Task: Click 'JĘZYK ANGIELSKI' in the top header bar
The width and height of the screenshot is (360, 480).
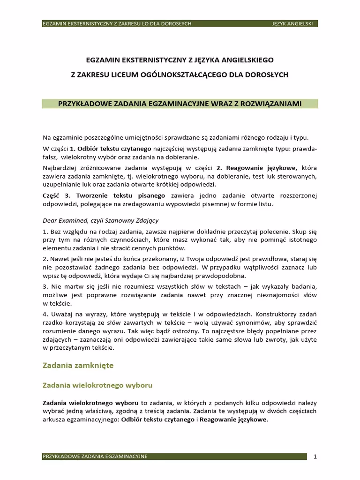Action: pos(294,23)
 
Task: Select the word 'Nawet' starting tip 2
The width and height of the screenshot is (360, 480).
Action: pos(59,258)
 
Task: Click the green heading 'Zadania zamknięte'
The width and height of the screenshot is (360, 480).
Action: pos(78,365)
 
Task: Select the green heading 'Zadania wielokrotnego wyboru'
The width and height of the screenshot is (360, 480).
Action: pos(97,385)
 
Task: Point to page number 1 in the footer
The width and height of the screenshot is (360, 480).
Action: pos(315,456)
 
